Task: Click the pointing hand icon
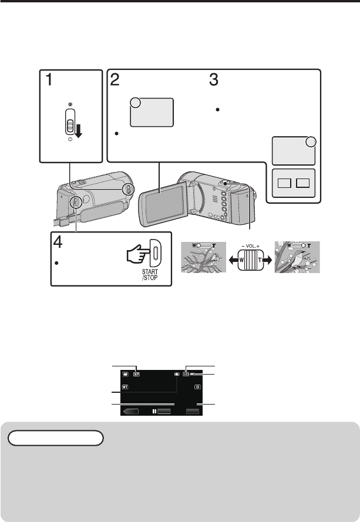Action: coord(135,254)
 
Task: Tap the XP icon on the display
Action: coord(137,373)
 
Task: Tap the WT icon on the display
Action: coord(125,388)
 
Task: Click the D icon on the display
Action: coord(198,388)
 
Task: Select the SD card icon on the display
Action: coord(186,373)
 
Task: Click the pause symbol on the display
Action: coord(154,412)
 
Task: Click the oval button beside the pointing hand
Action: coord(156,254)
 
